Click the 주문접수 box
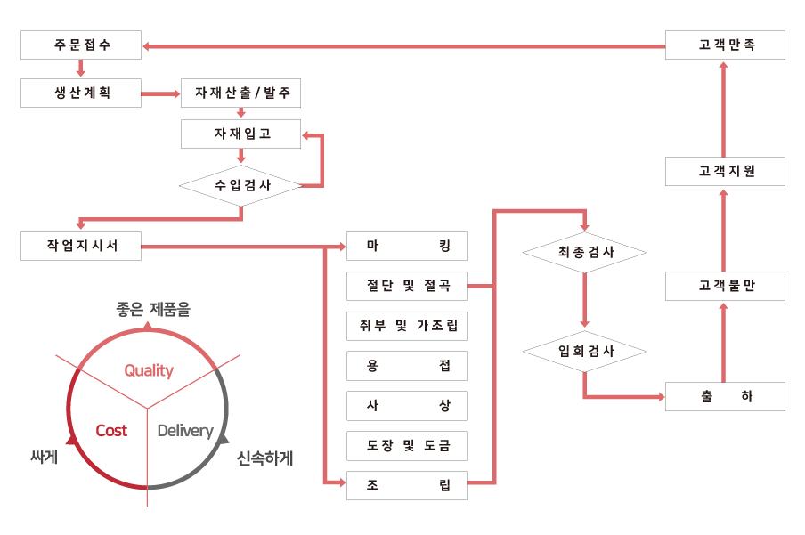click(x=81, y=45)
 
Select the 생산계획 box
click(x=81, y=93)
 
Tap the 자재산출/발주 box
click(x=240, y=93)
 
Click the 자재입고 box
click(x=240, y=134)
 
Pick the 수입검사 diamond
click(x=240, y=186)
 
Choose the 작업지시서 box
click(x=81, y=247)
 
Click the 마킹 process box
click(x=407, y=247)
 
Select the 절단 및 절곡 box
click(x=407, y=287)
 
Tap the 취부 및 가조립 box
click(x=407, y=326)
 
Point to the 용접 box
click(x=407, y=366)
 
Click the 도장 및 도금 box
click(x=407, y=445)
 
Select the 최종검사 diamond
click(x=584, y=253)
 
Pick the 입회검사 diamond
click(x=584, y=351)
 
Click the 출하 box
click(x=725, y=397)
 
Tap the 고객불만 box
click(x=725, y=287)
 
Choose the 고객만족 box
click(x=725, y=45)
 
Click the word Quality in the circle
click(x=149, y=370)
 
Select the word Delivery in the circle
click(x=185, y=431)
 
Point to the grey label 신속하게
click(x=264, y=458)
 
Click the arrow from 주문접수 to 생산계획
click(x=81, y=69)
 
